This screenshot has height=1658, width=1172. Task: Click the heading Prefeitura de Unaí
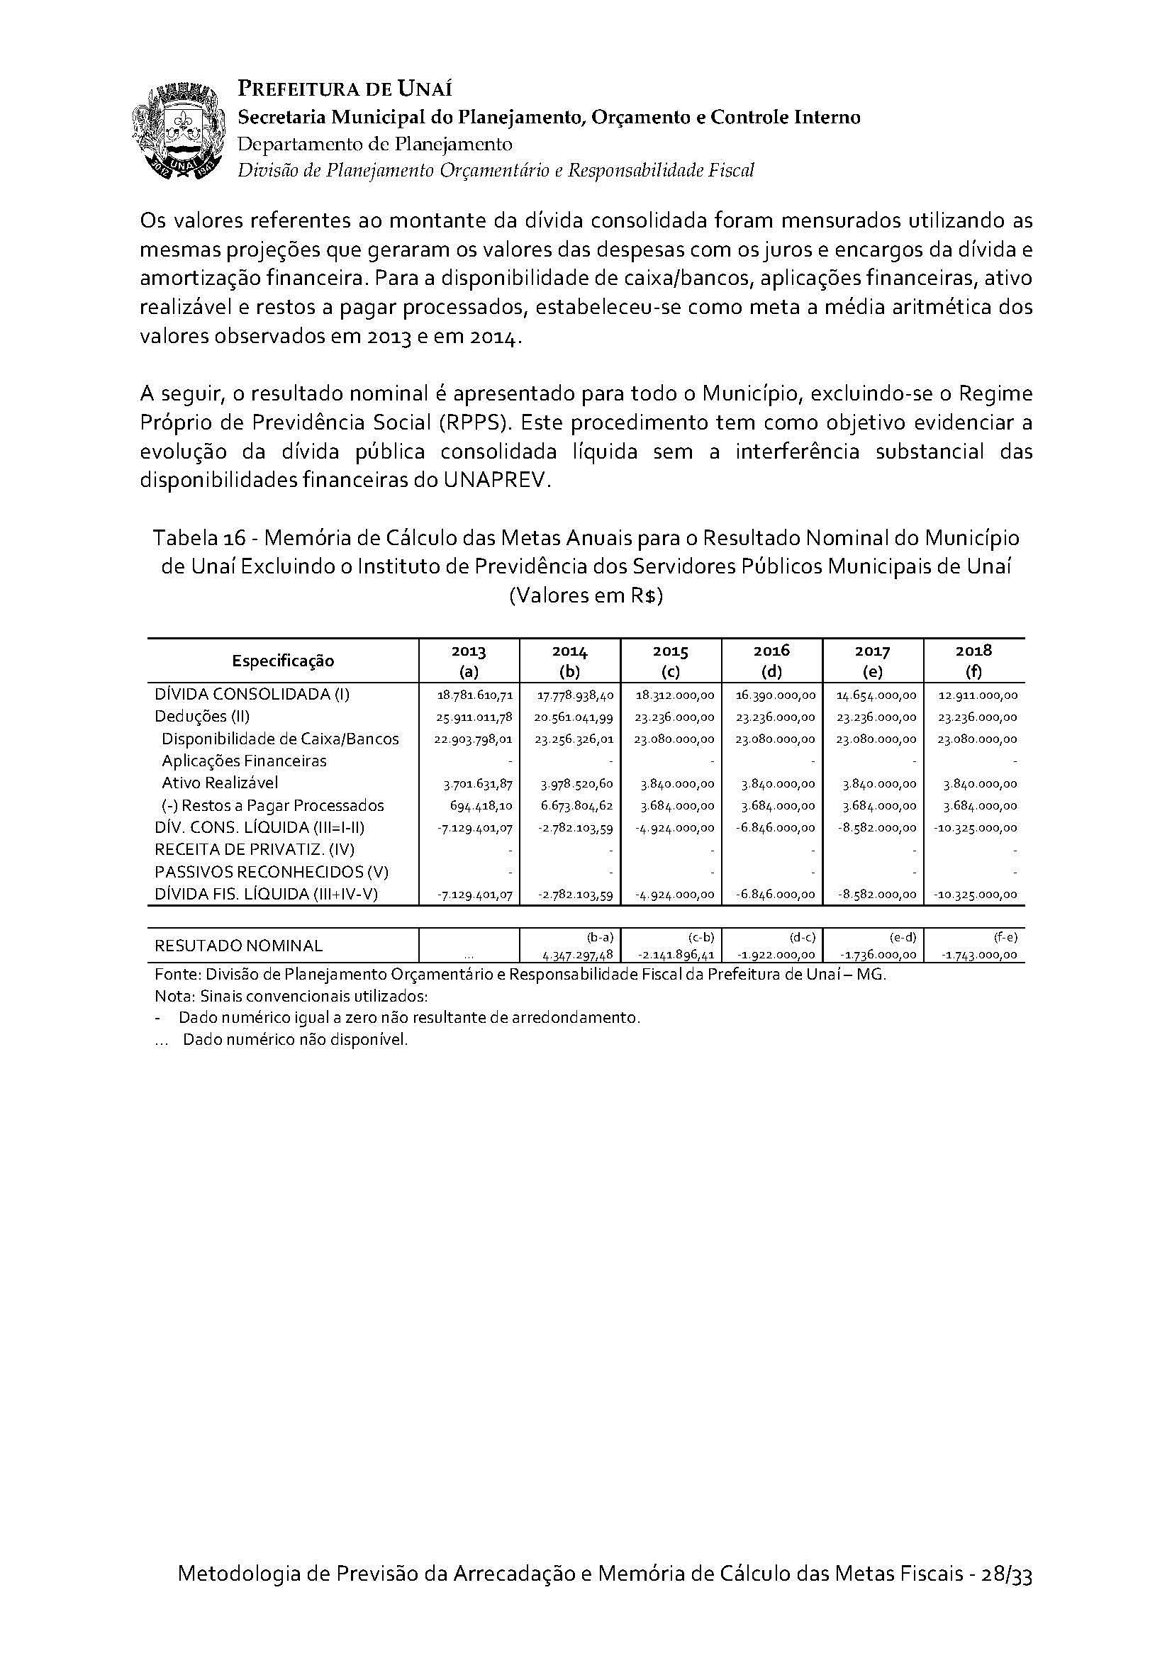345,89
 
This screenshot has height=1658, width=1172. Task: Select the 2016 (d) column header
771,660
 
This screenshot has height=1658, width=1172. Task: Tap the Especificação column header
282,660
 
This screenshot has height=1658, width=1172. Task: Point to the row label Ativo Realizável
220,783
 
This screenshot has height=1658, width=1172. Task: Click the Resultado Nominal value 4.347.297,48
578,955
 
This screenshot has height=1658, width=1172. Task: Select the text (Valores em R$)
586,596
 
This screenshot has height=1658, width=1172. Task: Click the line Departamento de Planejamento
375,144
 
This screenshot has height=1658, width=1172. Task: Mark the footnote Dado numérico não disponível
296,1040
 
